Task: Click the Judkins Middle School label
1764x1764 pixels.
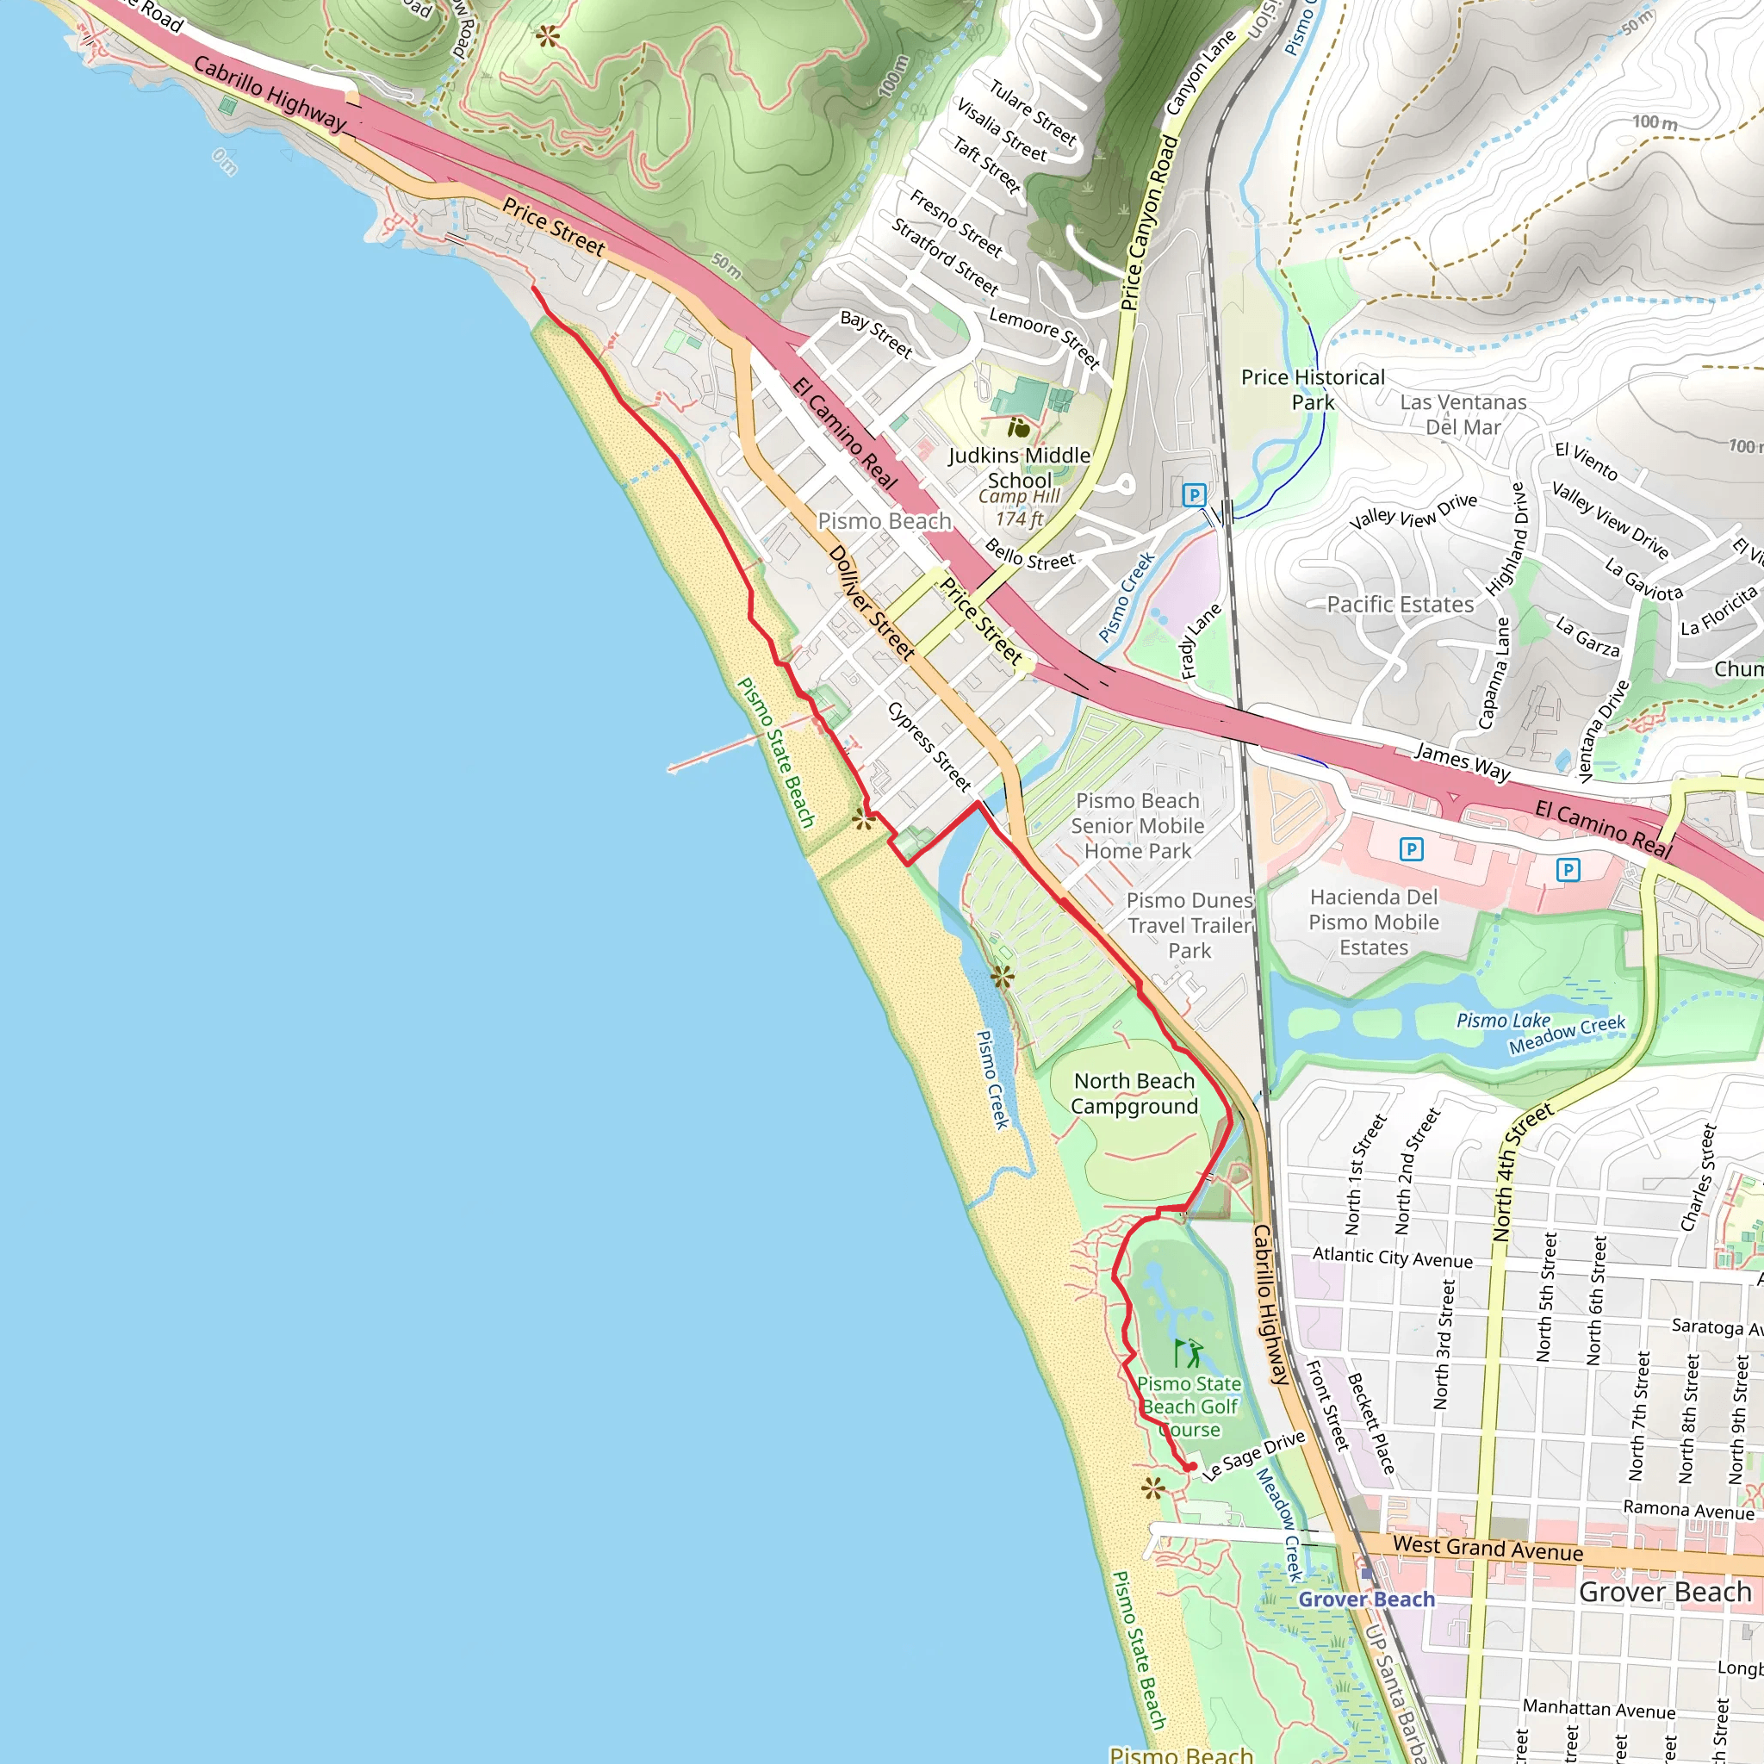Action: (1019, 468)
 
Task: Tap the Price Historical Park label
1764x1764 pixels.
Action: (1312, 390)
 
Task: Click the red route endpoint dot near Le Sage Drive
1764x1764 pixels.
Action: (1191, 1467)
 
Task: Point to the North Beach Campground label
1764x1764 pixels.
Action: (1134, 1094)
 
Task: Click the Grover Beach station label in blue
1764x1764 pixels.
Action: (1366, 1599)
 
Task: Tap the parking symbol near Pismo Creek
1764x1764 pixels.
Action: (1193, 496)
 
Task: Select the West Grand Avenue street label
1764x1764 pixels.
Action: (1488, 1548)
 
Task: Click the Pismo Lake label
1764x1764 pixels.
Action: (1503, 1021)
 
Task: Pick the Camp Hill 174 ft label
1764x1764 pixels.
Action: (1019, 507)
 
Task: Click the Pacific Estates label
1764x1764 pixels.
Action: (1400, 605)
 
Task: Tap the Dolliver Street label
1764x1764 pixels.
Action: (871, 604)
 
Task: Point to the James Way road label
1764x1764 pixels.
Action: (1462, 761)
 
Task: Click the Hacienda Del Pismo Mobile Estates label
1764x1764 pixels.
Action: (1373, 922)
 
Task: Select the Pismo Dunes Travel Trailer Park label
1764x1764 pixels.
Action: (1189, 926)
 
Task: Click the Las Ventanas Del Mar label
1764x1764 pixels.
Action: (1463, 414)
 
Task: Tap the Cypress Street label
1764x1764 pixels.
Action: (929, 746)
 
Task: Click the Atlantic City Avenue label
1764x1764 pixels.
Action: (1393, 1258)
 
